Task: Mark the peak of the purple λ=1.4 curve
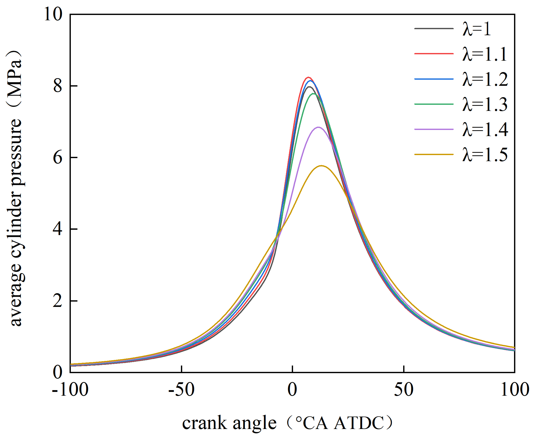(x=318, y=127)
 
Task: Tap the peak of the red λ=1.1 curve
(x=308, y=77)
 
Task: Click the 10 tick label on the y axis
(x=53, y=14)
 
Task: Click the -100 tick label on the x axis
(x=70, y=390)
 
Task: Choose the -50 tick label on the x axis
(x=181, y=390)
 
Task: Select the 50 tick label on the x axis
(x=404, y=390)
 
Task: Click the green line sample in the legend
(x=434, y=104)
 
